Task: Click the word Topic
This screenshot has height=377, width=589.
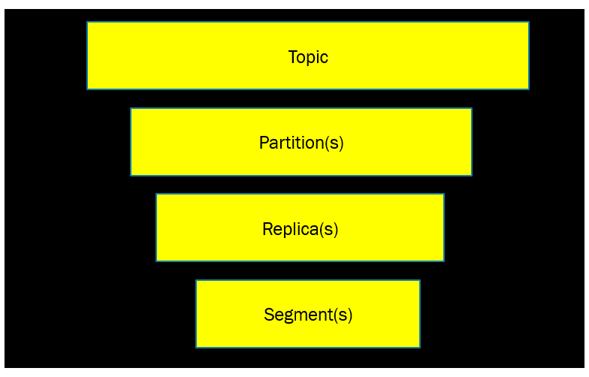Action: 308,57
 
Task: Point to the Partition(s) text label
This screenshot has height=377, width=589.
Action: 301,143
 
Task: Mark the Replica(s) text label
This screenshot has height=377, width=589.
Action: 300,229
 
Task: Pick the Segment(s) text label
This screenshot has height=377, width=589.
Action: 308,315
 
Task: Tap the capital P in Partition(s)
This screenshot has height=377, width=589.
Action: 264,142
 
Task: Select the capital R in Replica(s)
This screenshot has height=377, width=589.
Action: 267,228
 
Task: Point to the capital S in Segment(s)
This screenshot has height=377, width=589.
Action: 268,315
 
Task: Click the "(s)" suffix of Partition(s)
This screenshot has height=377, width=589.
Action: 334,143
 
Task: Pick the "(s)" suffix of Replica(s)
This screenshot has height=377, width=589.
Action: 328,229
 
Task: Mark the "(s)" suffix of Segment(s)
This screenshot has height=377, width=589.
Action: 343,315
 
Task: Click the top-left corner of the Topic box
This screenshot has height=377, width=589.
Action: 87,23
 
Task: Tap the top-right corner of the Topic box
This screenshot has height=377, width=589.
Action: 528,23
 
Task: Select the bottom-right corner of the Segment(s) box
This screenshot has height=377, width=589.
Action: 419,347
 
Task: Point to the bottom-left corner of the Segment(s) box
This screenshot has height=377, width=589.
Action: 197,347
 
